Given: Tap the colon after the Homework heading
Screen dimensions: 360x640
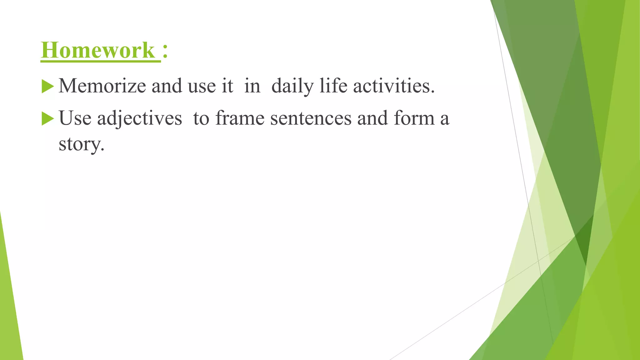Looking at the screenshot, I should click(x=165, y=51).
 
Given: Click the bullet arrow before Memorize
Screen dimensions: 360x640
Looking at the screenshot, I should click(x=47, y=86).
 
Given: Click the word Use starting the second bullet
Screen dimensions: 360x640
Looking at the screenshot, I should click(x=75, y=118).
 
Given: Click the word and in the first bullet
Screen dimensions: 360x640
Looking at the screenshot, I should click(x=167, y=86).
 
